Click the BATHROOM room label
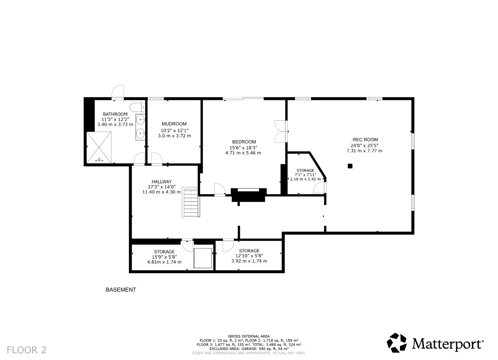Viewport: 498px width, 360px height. (115, 114)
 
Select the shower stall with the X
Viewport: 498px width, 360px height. (99, 147)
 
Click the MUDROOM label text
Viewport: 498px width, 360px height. (174, 124)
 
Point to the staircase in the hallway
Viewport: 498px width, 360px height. (191, 203)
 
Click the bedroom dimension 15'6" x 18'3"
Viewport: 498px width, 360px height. (243, 148)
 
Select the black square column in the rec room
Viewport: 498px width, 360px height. (350, 166)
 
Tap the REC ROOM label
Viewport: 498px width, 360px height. (365, 140)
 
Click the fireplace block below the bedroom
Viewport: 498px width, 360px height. (248, 195)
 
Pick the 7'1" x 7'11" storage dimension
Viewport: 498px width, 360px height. (305, 175)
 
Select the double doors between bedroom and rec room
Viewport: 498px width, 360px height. (280, 131)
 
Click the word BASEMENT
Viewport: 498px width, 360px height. (121, 290)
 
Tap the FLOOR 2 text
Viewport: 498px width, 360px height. (27, 350)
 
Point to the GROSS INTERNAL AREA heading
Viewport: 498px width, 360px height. (249, 336)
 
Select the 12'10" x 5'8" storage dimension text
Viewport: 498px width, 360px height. (249, 256)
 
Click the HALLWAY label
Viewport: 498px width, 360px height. (161, 182)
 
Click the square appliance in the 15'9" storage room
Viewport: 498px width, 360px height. (203, 258)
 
